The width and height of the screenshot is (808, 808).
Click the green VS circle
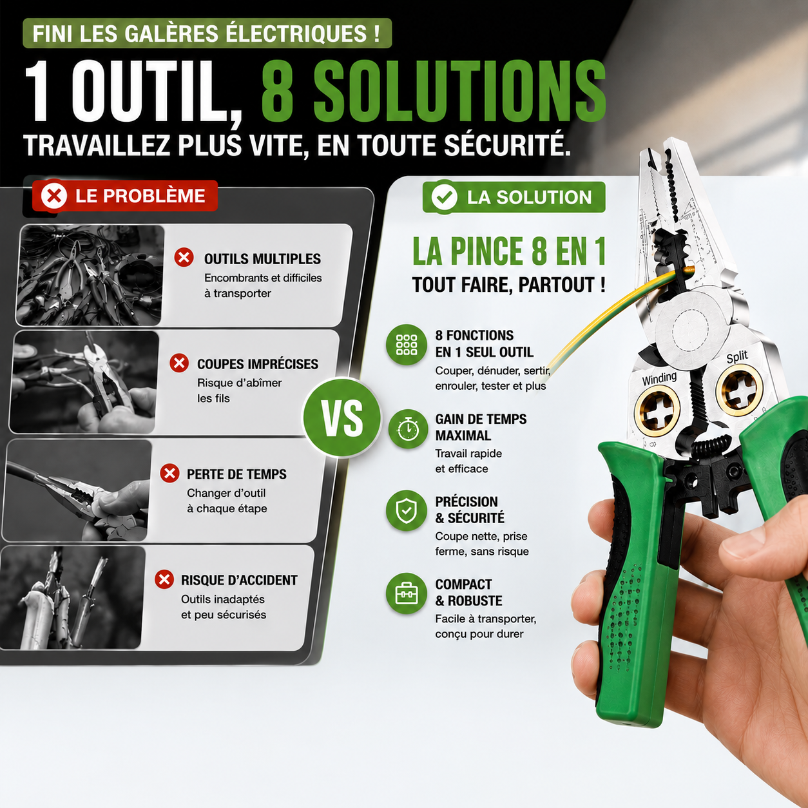click(x=341, y=418)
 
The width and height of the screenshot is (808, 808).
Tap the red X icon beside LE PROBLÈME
click(x=53, y=196)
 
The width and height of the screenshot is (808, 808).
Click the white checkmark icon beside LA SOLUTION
click(x=444, y=197)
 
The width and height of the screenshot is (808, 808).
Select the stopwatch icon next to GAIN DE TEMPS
click(x=408, y=429)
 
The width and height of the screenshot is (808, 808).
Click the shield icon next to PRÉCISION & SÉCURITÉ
click(x=407, y=511)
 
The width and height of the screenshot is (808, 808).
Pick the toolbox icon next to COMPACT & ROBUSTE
click(x=407, y=593)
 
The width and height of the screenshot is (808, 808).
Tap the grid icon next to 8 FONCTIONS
click(x=407, y=345)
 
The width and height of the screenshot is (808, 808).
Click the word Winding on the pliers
click(x=659, y=378)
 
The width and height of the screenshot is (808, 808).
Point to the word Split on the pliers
click(x=737, y=357)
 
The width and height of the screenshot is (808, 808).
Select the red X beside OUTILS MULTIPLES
click(x=184, y=257)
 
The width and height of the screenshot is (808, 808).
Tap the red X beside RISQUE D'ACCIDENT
click(x=164, y=579)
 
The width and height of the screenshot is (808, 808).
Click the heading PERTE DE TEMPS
click(x=236, y=474)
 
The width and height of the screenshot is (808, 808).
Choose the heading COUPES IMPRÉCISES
click(x=258, y=364)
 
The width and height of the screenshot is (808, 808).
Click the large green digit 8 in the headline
click(x=278, y=92)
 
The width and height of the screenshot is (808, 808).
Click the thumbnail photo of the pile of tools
click(x=90, y=275)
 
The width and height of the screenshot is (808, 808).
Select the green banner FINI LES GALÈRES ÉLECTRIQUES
click(x=207, y=33)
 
